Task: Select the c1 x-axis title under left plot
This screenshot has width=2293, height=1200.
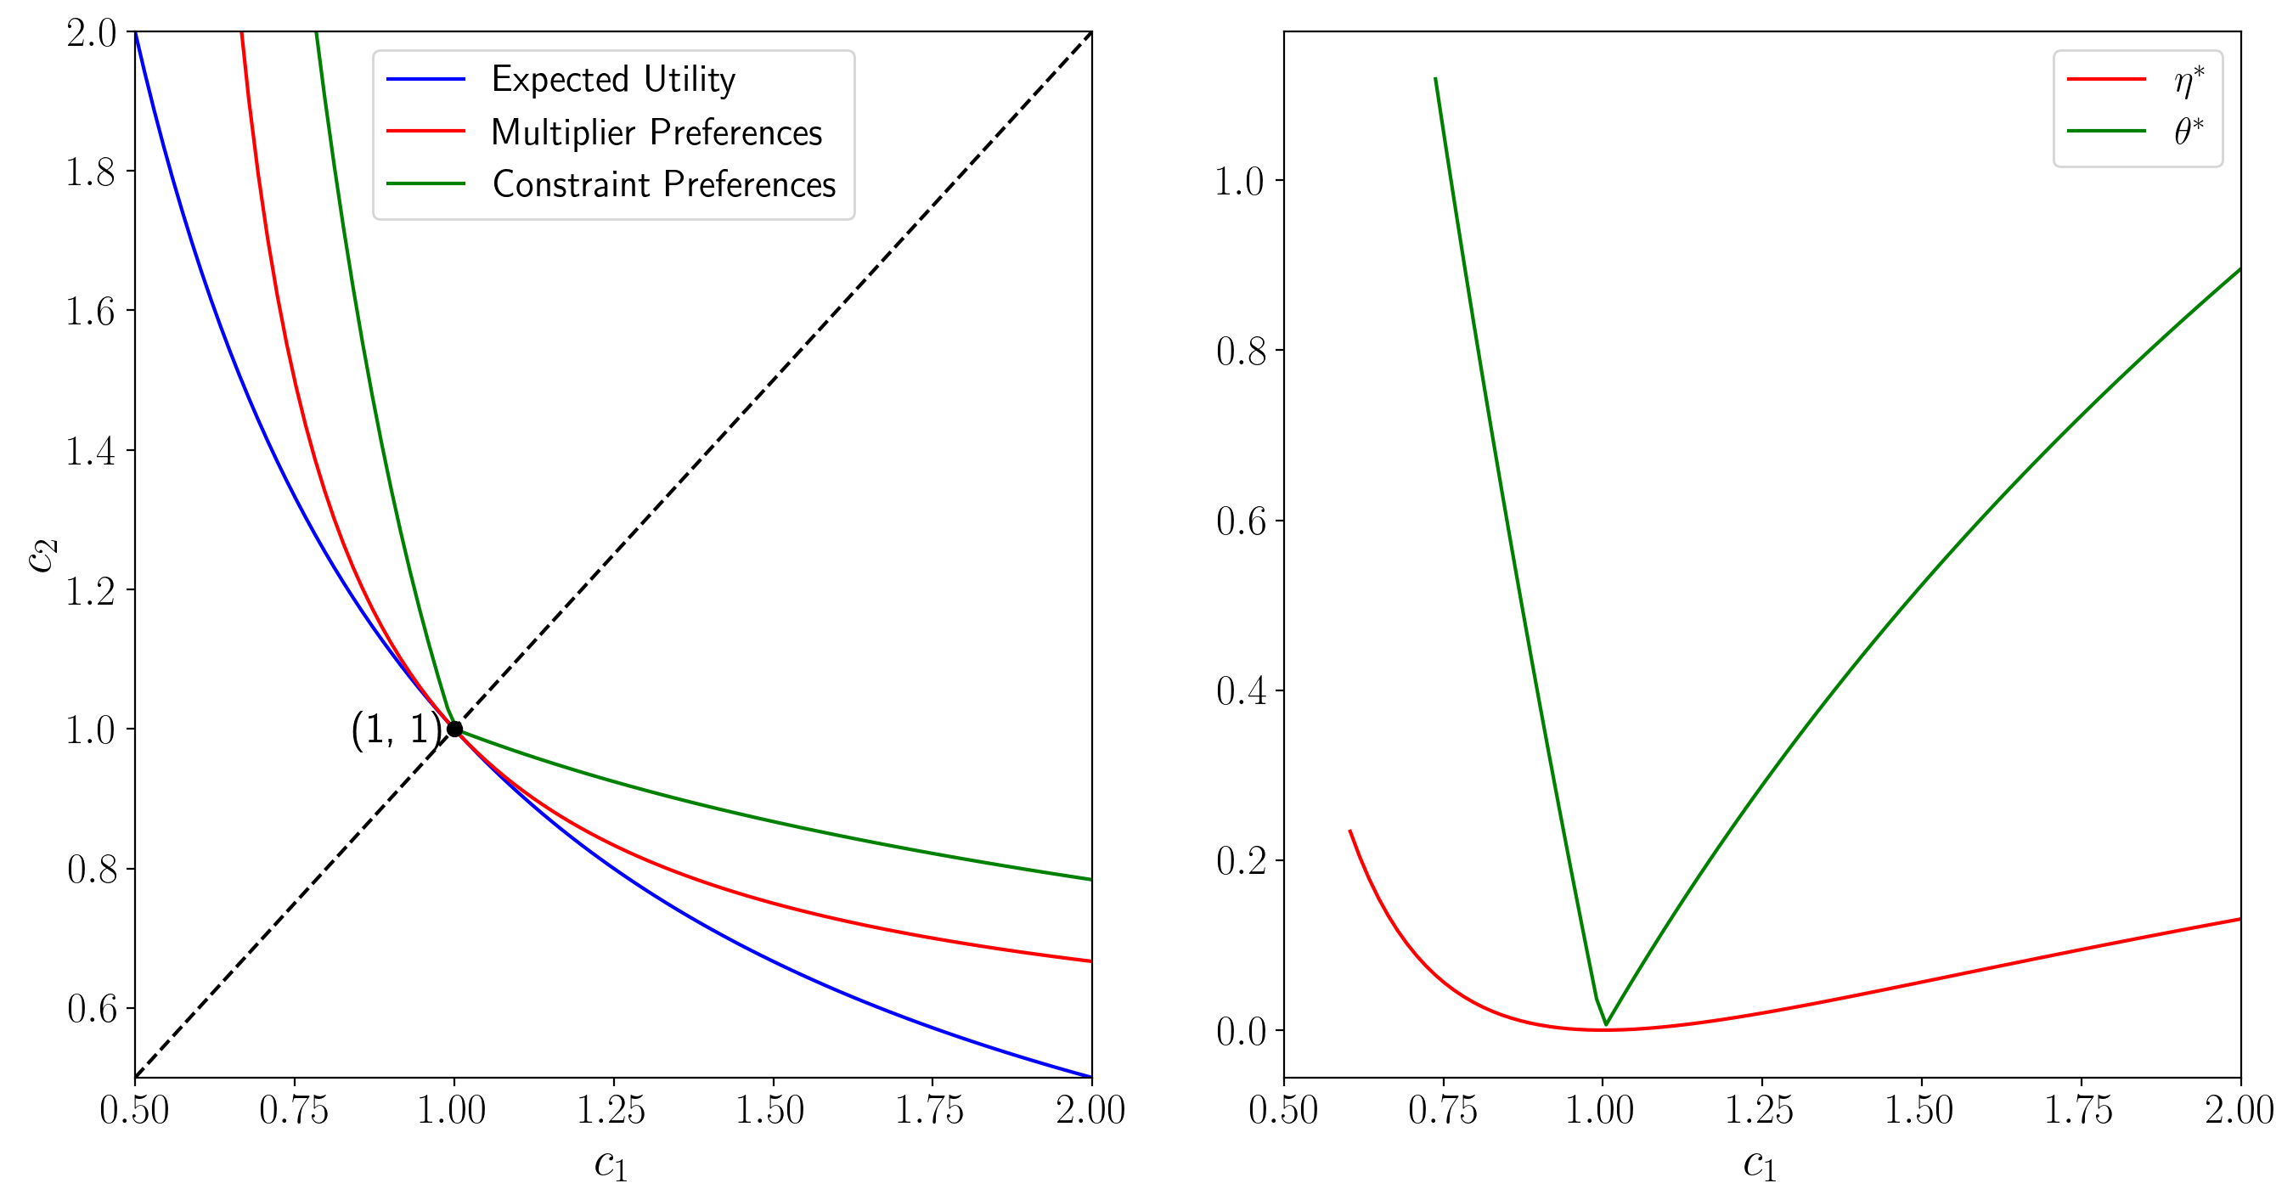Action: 611,1163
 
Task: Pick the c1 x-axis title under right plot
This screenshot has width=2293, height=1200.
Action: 1760,1163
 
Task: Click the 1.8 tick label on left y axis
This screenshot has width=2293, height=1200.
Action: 91,172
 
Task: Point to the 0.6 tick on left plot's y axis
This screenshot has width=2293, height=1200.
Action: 91,1009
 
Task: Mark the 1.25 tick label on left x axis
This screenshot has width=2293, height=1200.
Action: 611,1110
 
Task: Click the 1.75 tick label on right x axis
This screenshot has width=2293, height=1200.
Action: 2078,1110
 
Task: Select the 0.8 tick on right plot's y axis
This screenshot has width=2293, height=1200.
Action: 1241,352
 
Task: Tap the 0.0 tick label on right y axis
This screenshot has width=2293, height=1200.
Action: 1241,1031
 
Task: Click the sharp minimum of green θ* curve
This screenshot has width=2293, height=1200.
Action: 1606,1025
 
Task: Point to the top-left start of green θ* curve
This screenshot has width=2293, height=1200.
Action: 1436,78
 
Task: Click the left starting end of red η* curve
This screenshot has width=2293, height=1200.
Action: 1350,831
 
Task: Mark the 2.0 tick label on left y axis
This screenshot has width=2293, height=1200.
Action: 91,34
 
